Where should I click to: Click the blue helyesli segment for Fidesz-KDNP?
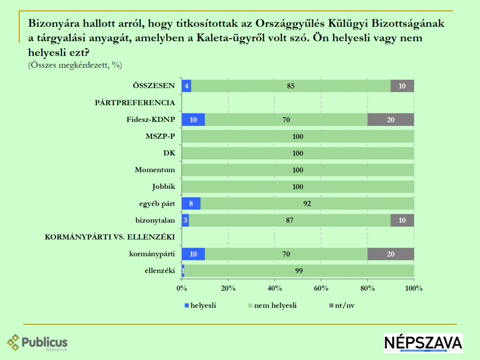(x=193, y=120)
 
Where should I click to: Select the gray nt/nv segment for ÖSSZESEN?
(x=402, y=86)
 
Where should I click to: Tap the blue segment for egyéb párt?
(x=191, y=203)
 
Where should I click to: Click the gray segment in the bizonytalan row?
(x=402, y=220)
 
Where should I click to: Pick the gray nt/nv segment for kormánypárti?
(x=390, y=254)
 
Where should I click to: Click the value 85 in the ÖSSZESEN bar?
(x=291, y=86)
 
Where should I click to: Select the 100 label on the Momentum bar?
(x=298, y=170)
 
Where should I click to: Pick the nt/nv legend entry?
(x=344, y=306)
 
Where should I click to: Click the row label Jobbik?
(x=164, y=187)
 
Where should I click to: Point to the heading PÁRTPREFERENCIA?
(x=135, y=103)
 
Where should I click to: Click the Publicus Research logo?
(x=37, y=343)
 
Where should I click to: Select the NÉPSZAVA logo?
(x=423, y=343)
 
